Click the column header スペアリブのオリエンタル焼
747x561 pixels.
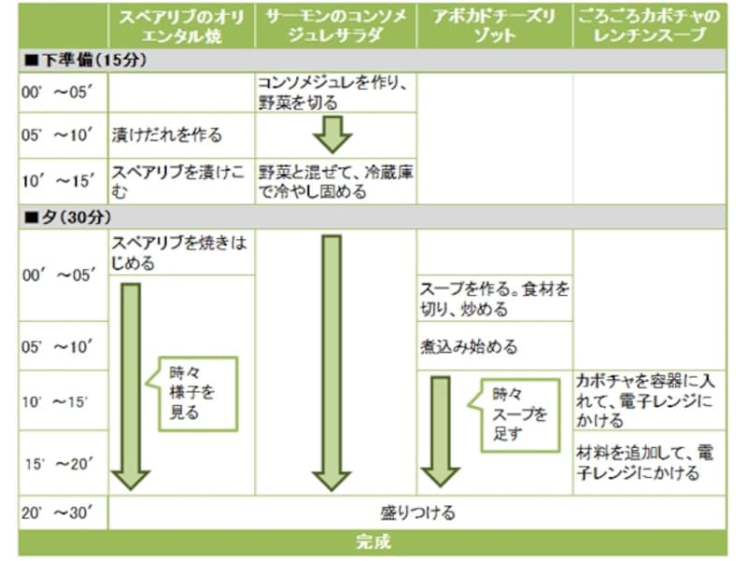click(x=181, y=27)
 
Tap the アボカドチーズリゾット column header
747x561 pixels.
click(x=494, y=27)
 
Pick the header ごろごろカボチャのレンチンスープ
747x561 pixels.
click(x=649, y=27)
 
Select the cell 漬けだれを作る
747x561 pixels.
click(x=167, y=134)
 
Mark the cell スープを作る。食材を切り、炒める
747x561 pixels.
click(x=494, y=299)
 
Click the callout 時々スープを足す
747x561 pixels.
click(x=519, y=414)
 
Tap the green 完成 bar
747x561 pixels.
click(x=373, y=542)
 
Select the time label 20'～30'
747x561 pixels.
click(x=58, y=512)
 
